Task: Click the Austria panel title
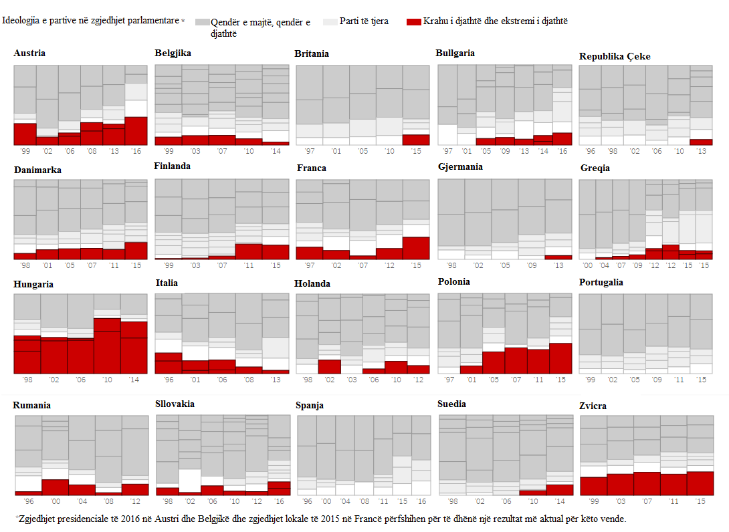29,53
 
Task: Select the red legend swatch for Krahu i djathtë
413,22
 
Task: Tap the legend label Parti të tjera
364,22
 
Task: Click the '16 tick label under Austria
136,152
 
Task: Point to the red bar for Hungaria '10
107,346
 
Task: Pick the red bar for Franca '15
416,248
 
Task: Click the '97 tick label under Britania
309,152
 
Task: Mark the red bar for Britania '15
416,140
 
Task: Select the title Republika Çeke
615,57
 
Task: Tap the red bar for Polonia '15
560,358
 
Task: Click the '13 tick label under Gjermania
558,265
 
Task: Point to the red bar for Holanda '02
329,366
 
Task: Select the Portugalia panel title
601,282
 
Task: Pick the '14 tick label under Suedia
559,501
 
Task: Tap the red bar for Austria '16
136,131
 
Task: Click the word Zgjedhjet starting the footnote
38,519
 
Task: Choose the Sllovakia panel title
175,404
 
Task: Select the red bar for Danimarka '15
136,251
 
